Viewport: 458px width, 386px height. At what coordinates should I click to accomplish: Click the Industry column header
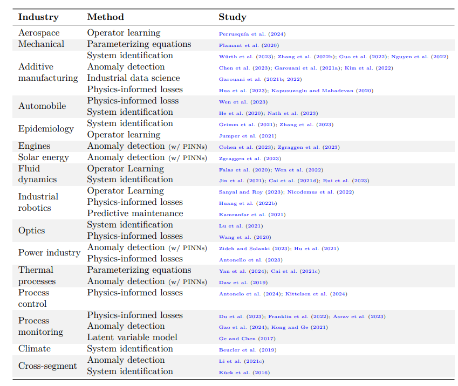click(x=38, y=17)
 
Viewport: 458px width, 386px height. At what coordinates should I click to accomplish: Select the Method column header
click(x=105, y=17)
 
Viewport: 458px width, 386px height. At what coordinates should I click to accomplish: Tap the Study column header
click(x=232, y=17)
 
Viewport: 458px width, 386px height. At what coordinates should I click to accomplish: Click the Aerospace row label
click(x=39, y=33)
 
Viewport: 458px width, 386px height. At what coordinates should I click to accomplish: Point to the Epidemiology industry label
click(x=46, y=129)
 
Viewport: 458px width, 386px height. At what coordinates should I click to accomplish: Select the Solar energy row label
click(x=44, y=157)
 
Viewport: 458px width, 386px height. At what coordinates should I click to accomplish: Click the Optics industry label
click(x=32, y=230)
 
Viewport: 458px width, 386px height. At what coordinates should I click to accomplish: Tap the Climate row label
click(x=35, y=349)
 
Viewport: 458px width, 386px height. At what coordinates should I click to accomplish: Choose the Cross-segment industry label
click(x=47, y=366)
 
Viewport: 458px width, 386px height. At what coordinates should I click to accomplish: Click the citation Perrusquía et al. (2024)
click(x=252, y=34)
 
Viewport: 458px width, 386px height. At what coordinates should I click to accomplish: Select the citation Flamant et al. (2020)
click(x=249, y=45)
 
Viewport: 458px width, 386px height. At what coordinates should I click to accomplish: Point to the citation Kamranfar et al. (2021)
click(x=252, y=214)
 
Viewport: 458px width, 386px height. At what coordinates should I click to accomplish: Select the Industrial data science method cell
click(x=133, y=78)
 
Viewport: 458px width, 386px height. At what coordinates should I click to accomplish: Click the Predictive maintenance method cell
click(x=135, y=213)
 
